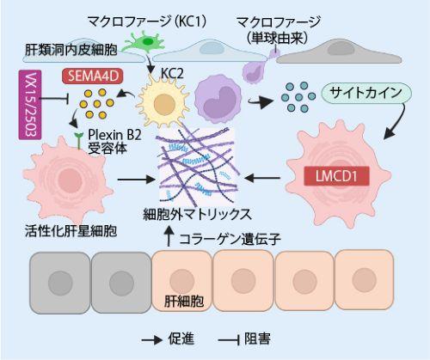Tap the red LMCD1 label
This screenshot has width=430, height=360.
[344, 180]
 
